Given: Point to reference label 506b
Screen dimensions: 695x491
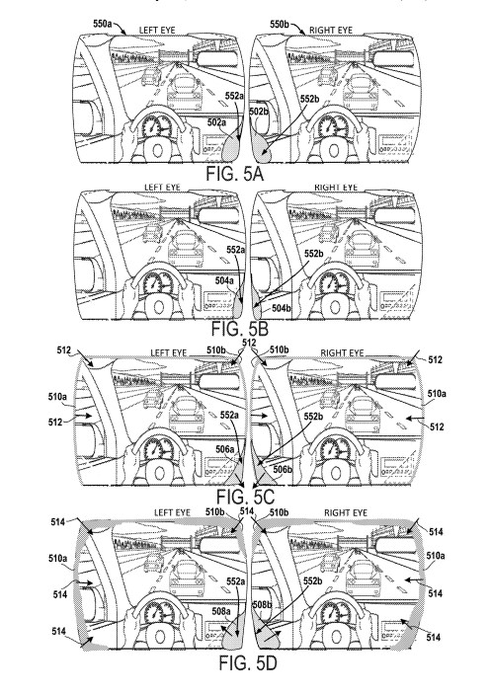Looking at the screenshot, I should click(x=282, y=469).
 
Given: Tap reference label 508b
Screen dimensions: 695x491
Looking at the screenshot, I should click(x=262, y=605).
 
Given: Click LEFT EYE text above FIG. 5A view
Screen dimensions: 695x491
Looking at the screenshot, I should click(x=157, y=30).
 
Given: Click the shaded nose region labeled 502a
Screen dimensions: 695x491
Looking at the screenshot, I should click(x=231, y=148).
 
